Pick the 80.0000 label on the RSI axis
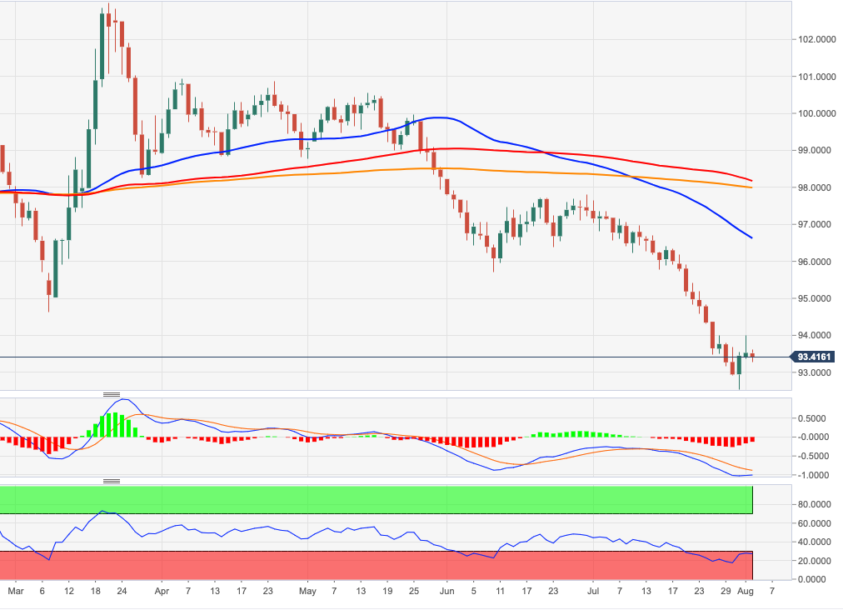pyautogui.click(x=814, y=504)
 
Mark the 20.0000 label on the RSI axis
pyautogui.click(x=814, y=561)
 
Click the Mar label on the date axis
pyautogui.click(x=14, y=591)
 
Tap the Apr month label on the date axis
pyautogui.click(x=162, y=591)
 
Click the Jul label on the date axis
pyautogui.click(x=592, y=591)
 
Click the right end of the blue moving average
pyautogui.click(x=752, y=238)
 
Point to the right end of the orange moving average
pyautogui.click(x=752, y=187)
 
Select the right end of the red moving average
pyautogui.click(x=752, y=180)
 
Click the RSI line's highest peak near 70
pyautogui.click(x=102, y=511)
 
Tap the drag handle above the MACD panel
pyautogui.click(x=112, y=393)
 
